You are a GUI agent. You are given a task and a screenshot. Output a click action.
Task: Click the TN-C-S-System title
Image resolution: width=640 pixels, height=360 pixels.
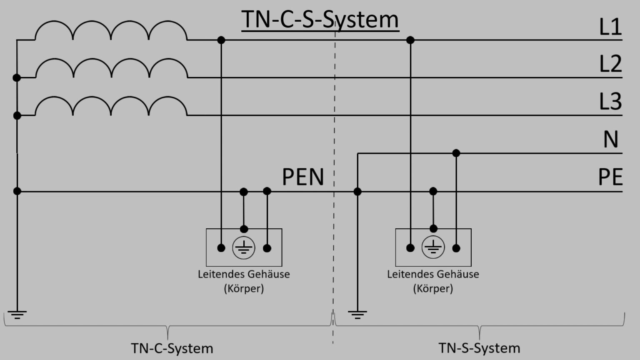(320, 20)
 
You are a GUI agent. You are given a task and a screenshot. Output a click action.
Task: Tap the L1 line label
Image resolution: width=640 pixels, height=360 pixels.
(610, 27)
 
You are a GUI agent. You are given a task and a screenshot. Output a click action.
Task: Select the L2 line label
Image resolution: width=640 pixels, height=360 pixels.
(610, 64)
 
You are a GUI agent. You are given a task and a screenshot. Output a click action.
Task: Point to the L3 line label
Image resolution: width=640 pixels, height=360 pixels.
(610, 102)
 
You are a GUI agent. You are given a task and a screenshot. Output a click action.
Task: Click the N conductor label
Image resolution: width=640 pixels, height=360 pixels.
(611, 140)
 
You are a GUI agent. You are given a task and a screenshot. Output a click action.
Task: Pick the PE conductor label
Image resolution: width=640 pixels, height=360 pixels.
(610, 177)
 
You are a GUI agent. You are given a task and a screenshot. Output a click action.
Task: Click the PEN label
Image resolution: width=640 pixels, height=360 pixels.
(303, 177)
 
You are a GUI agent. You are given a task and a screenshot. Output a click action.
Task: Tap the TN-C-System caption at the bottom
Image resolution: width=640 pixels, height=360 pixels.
(172, 348)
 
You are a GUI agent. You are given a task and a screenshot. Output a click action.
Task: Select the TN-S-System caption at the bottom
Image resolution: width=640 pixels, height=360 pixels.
(479, 348)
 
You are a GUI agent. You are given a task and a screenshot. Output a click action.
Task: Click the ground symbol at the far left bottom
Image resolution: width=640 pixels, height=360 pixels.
(17, 314)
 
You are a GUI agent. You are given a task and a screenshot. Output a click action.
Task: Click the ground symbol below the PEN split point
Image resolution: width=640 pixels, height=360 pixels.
(357, 314)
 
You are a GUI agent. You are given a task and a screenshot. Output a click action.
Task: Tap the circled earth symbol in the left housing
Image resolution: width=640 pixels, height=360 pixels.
(244, 248)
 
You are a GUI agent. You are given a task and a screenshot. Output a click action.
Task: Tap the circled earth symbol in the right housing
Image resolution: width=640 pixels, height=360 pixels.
(433, 247)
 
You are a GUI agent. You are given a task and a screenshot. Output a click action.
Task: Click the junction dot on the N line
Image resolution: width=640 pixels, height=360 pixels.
(456, 153)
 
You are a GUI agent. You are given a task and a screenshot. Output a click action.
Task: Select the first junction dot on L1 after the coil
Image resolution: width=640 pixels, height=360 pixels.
(221, 40)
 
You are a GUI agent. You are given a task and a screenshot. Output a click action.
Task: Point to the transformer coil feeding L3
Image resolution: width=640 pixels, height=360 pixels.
(111, 106)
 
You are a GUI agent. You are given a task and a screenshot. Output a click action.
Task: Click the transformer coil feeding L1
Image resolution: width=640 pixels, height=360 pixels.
(111, 31)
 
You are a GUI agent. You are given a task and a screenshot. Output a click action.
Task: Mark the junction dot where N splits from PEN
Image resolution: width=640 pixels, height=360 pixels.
(357, 192)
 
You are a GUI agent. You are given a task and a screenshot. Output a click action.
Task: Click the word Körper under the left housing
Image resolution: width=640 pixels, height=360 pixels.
(244, 288)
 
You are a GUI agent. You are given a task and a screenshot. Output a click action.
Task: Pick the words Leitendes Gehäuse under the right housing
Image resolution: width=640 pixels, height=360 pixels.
(433, 274)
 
